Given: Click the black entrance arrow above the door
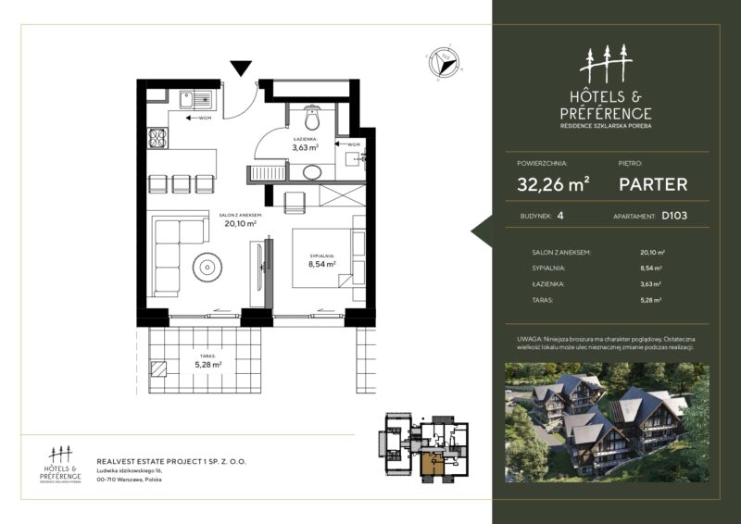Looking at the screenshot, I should click(x=241, y=68).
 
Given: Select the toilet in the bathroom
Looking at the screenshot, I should click(x=311, y=118).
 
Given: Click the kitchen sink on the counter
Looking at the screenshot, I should click(x=195, y=98).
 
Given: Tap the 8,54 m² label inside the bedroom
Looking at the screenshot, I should click(x=320, y=264).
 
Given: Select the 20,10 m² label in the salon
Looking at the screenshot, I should click(x=238, y=222).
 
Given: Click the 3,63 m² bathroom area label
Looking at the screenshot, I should click(x=306, y=146).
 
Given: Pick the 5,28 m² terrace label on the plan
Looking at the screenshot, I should click(x=208, y=364).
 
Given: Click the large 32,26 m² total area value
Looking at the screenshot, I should click(x=554, y=183).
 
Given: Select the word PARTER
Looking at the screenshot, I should click(x=653, y=183).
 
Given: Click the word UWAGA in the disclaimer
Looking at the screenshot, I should click(x=531, y=341).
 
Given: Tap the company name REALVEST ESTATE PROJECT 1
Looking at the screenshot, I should click(x=171, y=460).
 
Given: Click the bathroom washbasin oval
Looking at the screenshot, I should click(x=313, y=171).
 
